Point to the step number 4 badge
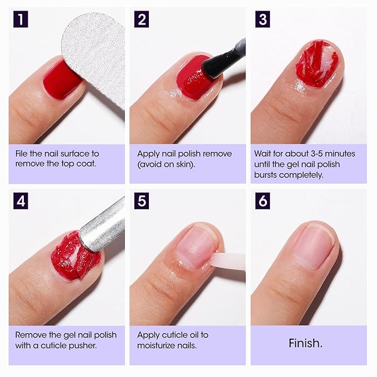pos(21,201)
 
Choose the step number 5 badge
pos(142,201)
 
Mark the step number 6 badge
pos(262,201)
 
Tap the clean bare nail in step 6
pos(314,244)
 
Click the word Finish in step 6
pos(305,343)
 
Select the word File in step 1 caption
pos(23,153)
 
